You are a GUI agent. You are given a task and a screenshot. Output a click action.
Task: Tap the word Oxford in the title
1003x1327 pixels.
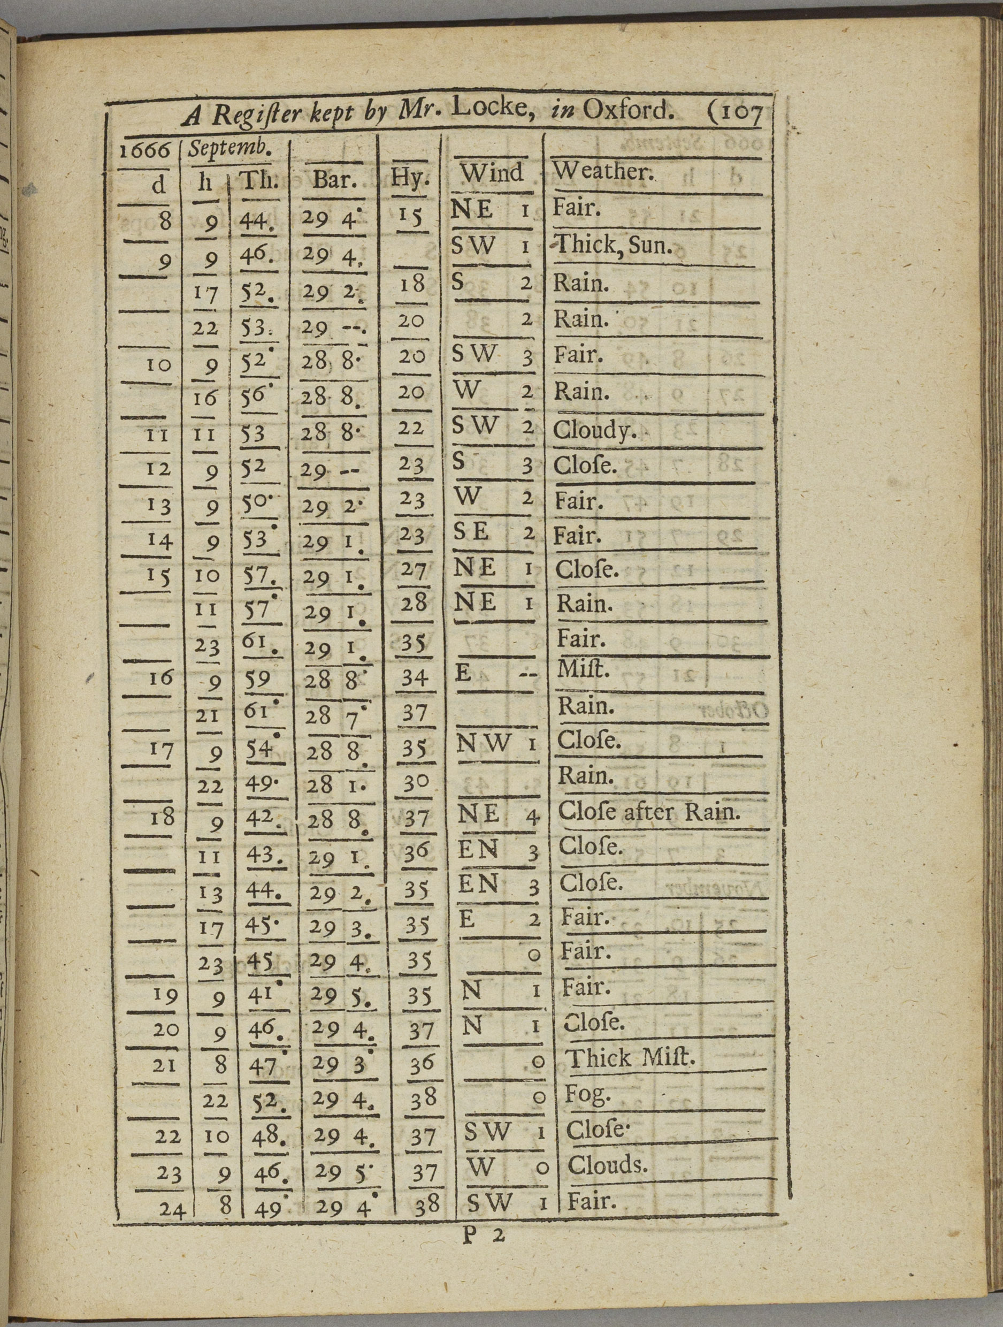click(x=626, y=111)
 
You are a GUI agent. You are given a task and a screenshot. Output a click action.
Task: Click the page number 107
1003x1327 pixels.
click(x=734, y=113)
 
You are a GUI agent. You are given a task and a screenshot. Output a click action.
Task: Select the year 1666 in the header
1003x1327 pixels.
click(x=144, y=150)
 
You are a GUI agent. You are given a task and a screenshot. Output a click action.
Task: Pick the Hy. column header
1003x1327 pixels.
click(x=410, y=178)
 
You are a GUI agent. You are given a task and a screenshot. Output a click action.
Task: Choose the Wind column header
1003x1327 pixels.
click(x=492, y=173)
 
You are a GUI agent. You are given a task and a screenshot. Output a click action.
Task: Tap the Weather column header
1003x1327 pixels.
click(x=602, y=172)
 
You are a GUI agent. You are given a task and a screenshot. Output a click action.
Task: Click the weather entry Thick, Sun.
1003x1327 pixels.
click(x=612, y=246)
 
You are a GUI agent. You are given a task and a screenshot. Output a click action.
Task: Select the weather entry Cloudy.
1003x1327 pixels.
click(x=594, y=430)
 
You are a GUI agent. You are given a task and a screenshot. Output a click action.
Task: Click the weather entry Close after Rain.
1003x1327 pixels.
click(x=648, y=812)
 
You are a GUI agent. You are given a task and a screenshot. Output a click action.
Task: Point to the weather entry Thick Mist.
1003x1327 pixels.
click(x=630, y=1058)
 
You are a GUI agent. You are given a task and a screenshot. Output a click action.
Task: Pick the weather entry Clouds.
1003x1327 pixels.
click(x=607, y=1165)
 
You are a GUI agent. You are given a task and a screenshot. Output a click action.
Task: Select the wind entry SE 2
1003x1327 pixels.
click(x=493, y=533)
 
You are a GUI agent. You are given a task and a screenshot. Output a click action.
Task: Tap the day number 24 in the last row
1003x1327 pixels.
click(x=172, y=1207)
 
